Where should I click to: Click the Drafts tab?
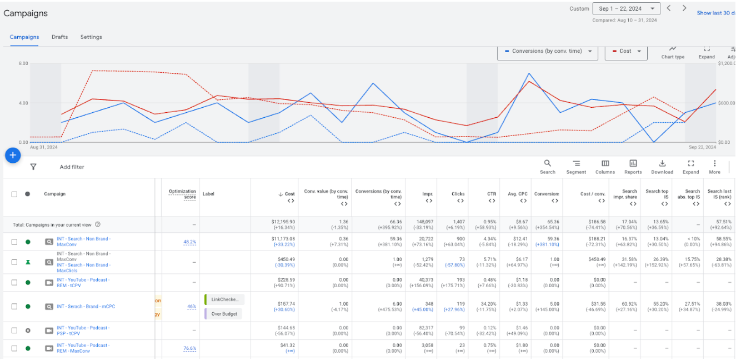59,37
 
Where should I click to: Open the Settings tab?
91,37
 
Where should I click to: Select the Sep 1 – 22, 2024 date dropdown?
627,8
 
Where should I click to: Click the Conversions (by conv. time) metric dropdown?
547,51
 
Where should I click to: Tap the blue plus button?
13,156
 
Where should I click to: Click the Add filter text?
72,167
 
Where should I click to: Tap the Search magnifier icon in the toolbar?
547,163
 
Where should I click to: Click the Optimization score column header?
182,194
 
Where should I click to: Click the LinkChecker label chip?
224,299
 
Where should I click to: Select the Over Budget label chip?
224,314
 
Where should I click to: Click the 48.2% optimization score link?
189,242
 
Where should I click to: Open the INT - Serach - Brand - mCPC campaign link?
86,307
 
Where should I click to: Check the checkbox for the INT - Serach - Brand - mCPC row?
14,307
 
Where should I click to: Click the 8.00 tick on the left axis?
23,63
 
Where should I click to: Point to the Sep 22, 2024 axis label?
700,147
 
